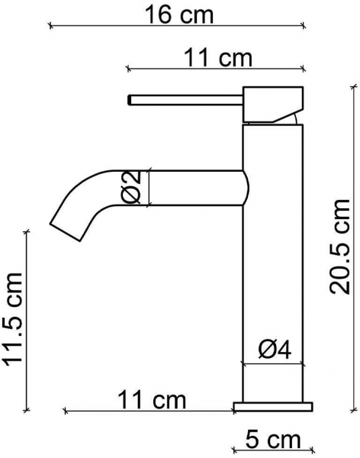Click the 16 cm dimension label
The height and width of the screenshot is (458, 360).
tap(179, 15)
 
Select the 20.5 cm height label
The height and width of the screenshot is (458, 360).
tap(339, 247)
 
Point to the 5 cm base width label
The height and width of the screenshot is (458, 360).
tap(273, 440)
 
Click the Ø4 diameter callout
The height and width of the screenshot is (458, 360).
tap(275, 350)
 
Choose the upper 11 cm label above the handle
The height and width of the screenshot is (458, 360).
tap(218, 58)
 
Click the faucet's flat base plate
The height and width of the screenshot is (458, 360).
tap(273, 407)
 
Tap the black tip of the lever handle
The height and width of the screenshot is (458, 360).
tap(130, 99)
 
